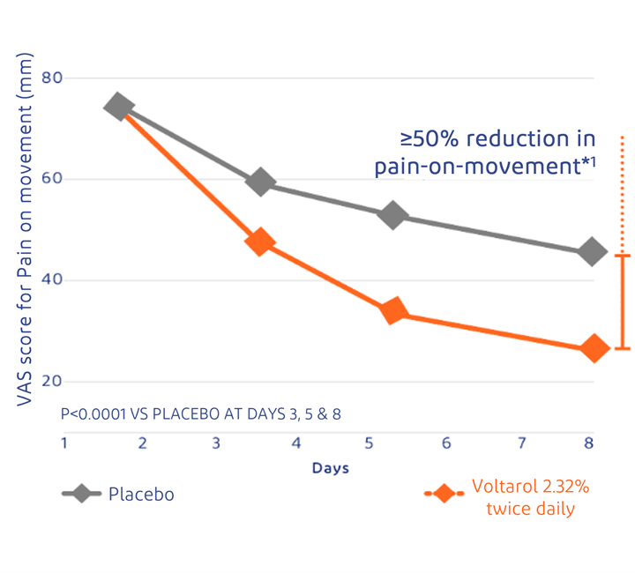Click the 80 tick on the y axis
coord(52,78)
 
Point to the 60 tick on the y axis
coord(52,179)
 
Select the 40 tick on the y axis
coord(52,280)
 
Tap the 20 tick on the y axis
coord(52,382)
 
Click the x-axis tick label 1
coord(64,443)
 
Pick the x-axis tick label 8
coord(588,443)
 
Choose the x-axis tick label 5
coord(369,443)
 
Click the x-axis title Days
coord(331,468)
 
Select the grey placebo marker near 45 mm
coord(592,252)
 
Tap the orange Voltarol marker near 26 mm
coord(594,348)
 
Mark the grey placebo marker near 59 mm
coord(260,182)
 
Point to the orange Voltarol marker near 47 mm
coord(260,242)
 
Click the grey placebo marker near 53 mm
coord(393,215)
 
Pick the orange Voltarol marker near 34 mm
coord(393,310)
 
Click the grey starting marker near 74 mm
coord(118,107)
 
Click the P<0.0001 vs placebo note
coord(200,413)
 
